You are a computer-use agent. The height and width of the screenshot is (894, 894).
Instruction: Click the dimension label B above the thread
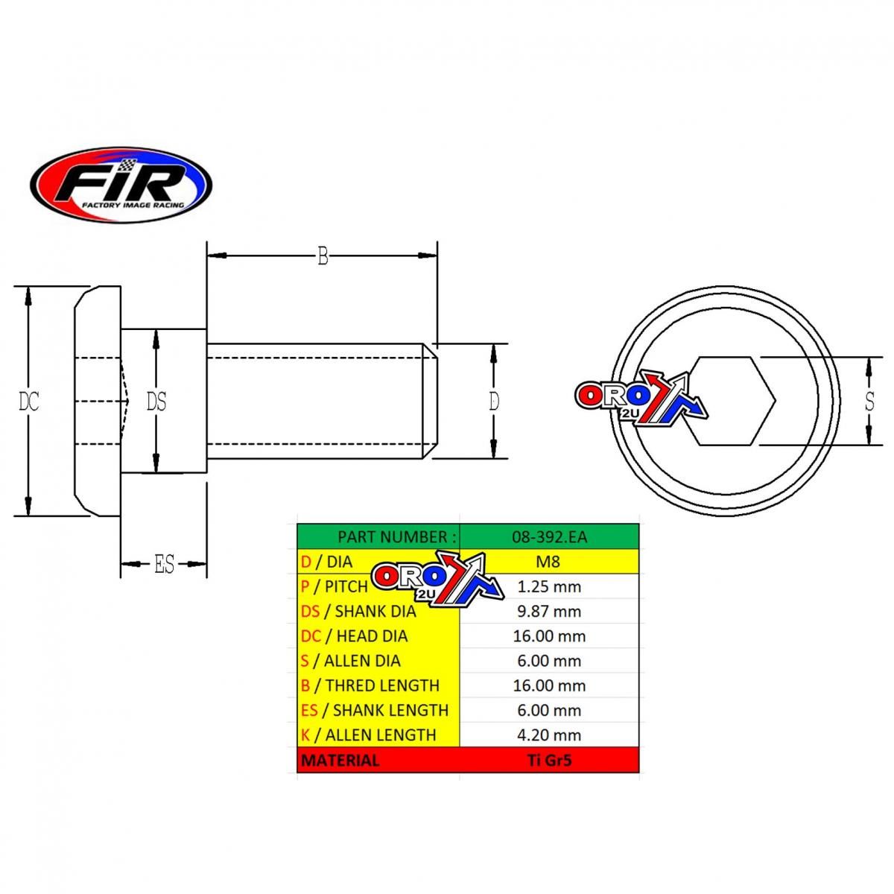point(323,256)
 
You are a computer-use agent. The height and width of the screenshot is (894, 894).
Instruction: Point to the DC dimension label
point(29,402)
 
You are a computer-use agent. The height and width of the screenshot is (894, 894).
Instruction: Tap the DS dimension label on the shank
point(156,402)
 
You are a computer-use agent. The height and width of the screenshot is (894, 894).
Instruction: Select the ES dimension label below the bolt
point(164,565)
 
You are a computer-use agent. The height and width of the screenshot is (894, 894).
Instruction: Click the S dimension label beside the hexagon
point(869,402)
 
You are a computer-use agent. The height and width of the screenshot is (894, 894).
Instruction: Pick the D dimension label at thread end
point(494,402)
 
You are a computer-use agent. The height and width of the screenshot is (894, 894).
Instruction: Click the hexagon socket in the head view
point(734,402)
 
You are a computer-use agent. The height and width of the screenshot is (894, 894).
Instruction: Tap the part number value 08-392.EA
point(549,536)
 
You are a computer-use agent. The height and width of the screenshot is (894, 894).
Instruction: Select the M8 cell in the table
point(548,562)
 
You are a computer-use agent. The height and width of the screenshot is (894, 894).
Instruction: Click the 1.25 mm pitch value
point(549,586)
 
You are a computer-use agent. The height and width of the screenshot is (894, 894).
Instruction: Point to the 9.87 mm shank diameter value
point(549,611)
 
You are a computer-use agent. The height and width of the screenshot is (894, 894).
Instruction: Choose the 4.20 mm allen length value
point(549,735)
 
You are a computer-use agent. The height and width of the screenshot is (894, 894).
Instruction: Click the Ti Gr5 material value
point(549,760)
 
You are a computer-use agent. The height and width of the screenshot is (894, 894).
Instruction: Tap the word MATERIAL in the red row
point(340,760)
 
